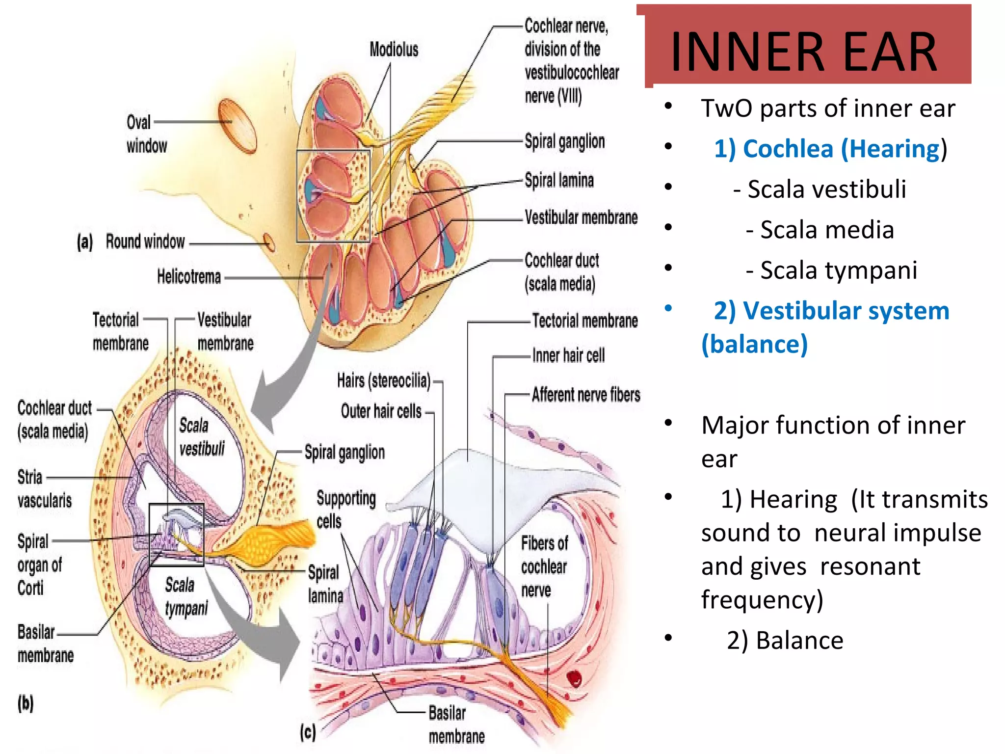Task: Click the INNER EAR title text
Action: (x=804, y=52)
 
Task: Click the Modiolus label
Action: (x=394, y=50)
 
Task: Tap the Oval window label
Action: (x=146, y=134)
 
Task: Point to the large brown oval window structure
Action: (x=238, y=126)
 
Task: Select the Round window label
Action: (x=145, y=242)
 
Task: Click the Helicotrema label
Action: (x=189, y=277)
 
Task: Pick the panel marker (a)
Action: (x=84, y=242)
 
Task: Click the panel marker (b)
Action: (x=26, y=703)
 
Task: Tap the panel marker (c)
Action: (x=308, y=732)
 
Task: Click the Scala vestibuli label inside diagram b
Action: (x=201, y=436)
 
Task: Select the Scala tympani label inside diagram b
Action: (x=186, y=596)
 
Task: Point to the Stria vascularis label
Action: (x=44, y=488)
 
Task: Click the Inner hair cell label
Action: (x=568, y=355)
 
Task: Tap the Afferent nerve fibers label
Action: (x=586, y=395)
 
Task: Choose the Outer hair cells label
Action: (x=381, y=411)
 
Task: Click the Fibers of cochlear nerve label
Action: (x=544, y=566)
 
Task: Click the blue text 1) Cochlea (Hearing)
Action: (x=830, y=149)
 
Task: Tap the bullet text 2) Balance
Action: (x=785, y=641)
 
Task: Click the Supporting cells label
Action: (x=345, y=510)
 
